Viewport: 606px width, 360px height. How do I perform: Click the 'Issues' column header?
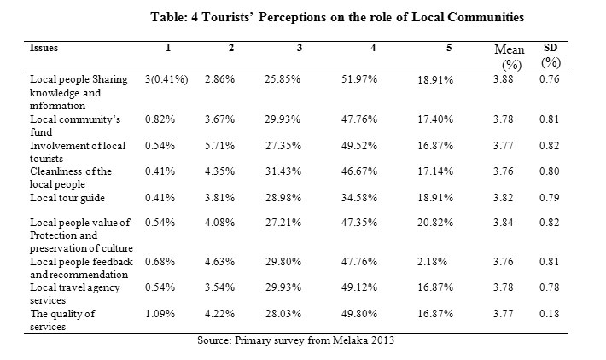point(44,48)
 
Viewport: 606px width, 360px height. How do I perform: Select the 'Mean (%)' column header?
point(510,57)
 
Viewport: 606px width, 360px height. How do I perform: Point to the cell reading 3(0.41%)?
point(166,79)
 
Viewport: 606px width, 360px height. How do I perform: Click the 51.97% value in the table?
point(359,79)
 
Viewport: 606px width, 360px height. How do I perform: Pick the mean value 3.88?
point(504,79)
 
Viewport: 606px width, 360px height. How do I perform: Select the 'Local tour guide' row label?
point(67,198)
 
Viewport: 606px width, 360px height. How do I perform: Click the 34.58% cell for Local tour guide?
point(359,198)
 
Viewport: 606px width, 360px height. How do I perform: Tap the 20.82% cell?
point(435,223)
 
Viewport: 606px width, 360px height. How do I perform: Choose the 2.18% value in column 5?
point(432,262)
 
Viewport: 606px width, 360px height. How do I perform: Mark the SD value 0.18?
point(549,314)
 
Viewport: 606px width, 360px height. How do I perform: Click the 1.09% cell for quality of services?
point(160,314)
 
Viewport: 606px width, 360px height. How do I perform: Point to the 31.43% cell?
point(283,171)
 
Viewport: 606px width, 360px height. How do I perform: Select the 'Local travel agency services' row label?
point(75,294)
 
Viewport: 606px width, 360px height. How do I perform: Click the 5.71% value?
point(219,146)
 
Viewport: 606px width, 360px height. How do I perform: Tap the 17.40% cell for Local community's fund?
point(435,119)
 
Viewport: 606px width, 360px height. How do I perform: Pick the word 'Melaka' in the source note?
point(351,340)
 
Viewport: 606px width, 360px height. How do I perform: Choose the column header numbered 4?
point(373,48)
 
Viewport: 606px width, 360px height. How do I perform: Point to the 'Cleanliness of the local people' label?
point(71,177)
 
